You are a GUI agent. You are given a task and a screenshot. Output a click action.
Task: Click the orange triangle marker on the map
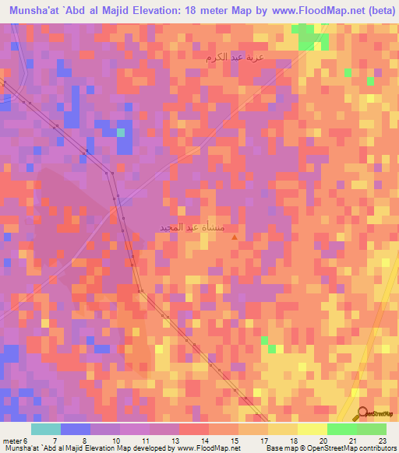tap(235, 237)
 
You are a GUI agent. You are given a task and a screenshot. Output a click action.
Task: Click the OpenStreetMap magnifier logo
tap(362, 413)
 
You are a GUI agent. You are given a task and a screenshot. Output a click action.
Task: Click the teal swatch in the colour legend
tap(46, 429)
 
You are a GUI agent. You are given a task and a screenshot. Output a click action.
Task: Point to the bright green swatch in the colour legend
tap(342, 429)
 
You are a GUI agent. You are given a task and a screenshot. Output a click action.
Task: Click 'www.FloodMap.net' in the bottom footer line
tap(209, 448)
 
